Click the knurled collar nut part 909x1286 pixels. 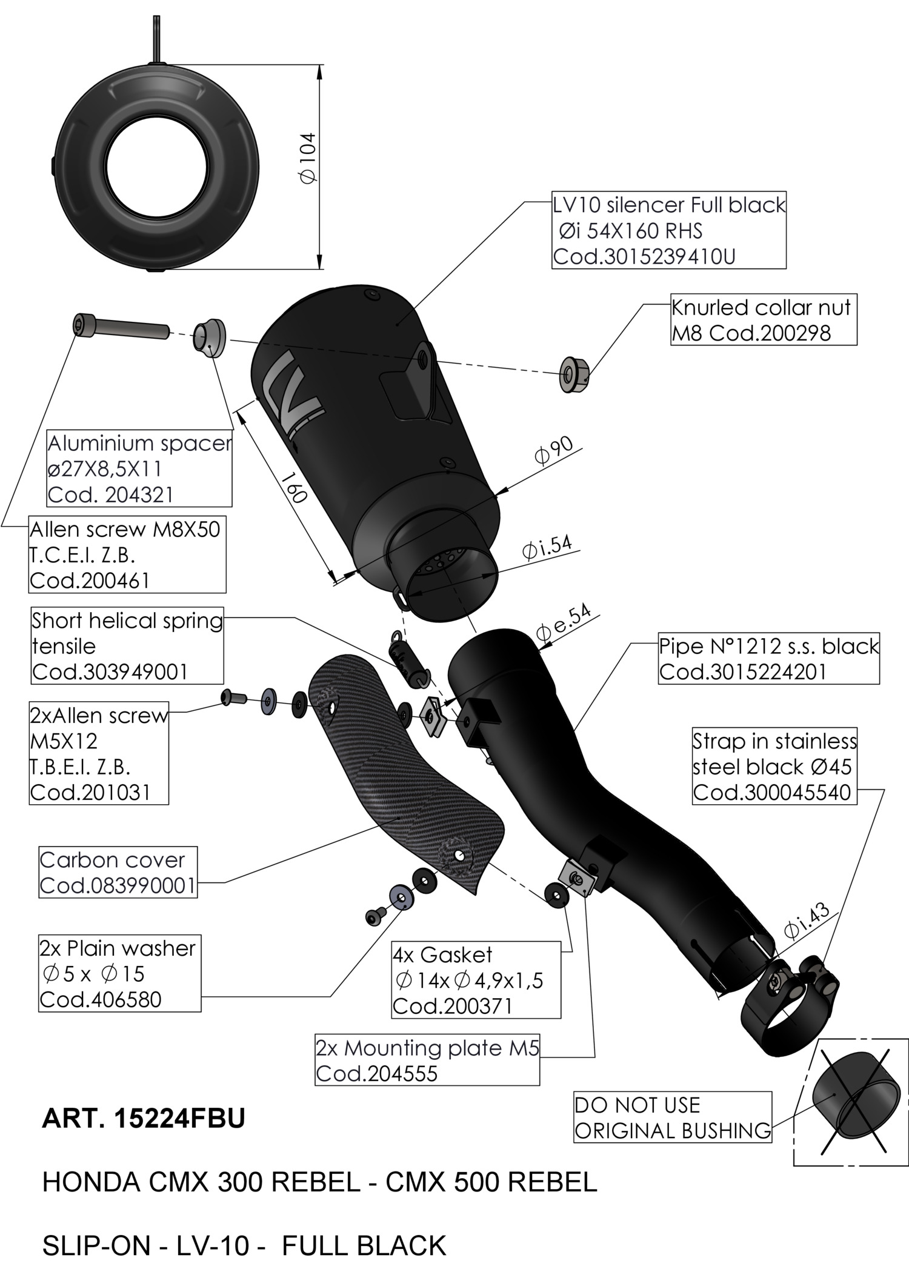click(x=573, y=375)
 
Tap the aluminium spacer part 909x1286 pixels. click(x=208, y=338)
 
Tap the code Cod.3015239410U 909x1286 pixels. click(x=644, y=257)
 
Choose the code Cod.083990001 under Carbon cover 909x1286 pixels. click(x=118, y=885)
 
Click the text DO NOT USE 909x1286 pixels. click(x=637, y=1105)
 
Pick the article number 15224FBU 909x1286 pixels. click(x=179, y=1119)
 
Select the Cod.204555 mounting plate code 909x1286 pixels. click(x=376, y=1074)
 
